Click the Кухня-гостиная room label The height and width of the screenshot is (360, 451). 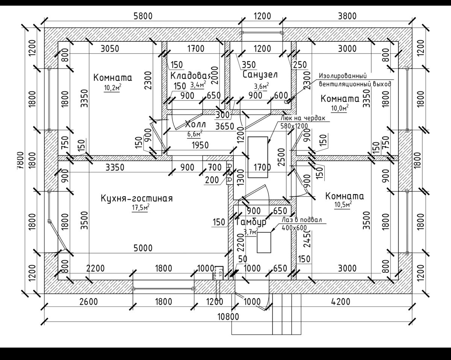[136, 198]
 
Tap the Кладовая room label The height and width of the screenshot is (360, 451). [190, 75]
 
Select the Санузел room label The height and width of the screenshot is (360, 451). [260, 74]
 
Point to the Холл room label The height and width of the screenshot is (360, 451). [196, 124]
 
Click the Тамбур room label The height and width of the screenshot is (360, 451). [251, 222]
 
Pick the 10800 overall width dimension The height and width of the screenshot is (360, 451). [228, 316]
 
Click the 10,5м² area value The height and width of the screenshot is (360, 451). [343, 205]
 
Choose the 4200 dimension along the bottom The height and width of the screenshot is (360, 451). [341, 302]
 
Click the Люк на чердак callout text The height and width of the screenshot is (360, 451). [303, 118]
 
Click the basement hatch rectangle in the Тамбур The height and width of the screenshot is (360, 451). [264, 243]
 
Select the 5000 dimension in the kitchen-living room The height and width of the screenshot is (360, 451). [143, 248]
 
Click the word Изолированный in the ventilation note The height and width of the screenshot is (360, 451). [342, 75]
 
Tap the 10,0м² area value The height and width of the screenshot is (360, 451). [339, 108]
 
